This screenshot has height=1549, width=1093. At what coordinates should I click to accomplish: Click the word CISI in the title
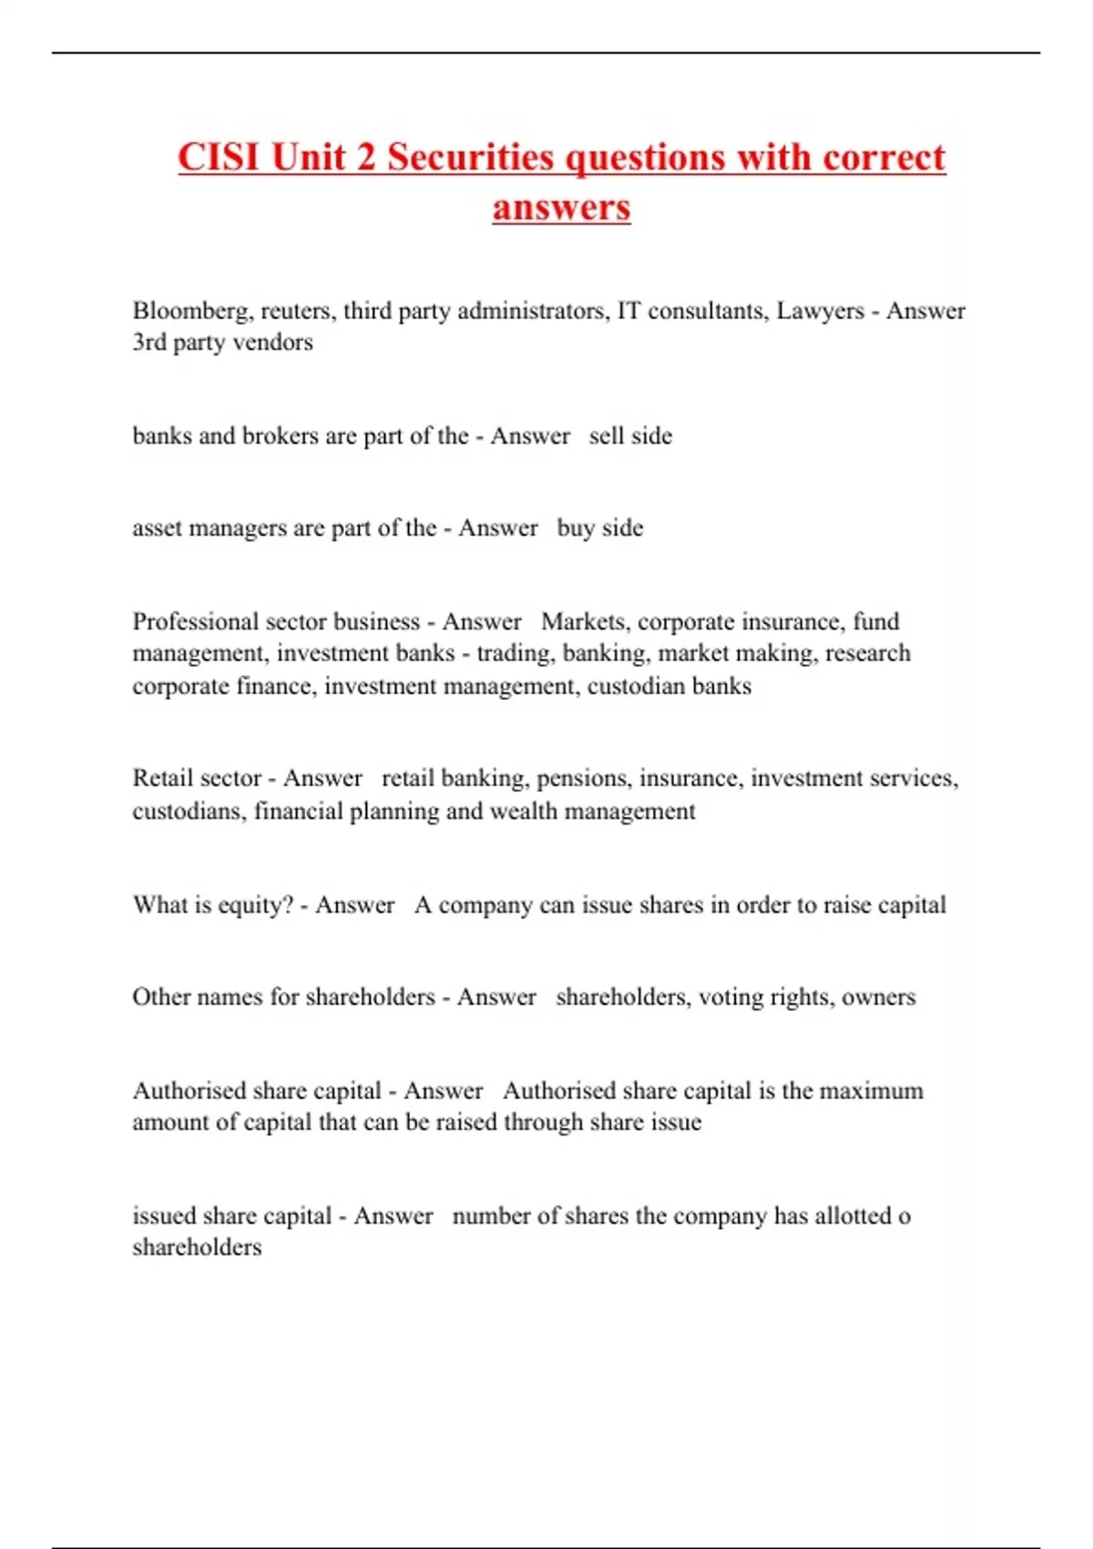(220, 157)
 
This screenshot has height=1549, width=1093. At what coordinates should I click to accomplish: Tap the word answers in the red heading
(561, 207)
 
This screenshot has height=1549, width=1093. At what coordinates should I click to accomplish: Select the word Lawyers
(820, 311)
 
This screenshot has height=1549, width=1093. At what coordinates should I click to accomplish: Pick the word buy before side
(575, 528)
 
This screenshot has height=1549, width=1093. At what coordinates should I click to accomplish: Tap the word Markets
(584, 621)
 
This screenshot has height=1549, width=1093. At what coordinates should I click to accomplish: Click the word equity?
(257, 905)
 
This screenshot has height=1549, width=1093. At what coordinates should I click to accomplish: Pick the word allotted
(849, 1216)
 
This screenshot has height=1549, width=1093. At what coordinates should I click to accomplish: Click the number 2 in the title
(365, 157)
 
